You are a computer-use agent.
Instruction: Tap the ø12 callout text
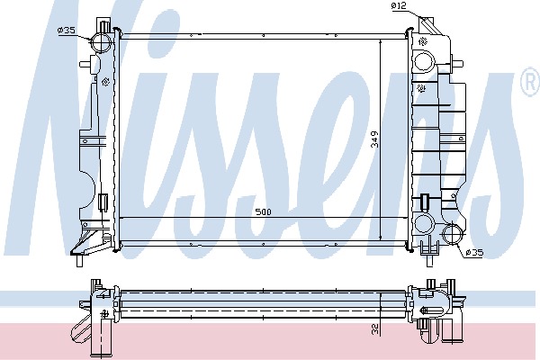pyautogui.click(x=400, y=7)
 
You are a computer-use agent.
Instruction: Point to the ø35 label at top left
pyautogui.click(x=66, y=31)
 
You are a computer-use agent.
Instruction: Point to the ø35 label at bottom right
pyautogui.click(x=473, y=254)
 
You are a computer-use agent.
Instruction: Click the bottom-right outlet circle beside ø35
pyautogui.click(x=454, y=238)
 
